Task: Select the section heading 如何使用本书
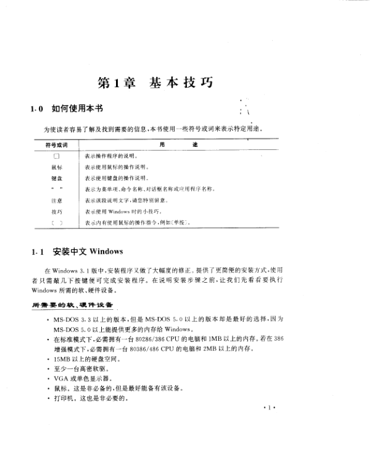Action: pyautogui.click(x=77, y=109)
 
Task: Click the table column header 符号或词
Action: pyautogui.click(x=56, y=145)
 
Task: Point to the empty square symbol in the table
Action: pyautogui.click(x=56, y=156)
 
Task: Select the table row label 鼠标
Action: pyautogui.click(x=56, y=167)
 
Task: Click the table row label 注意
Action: pyautogui.click(x=56, y=201)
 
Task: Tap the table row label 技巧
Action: pyautogui.click(x=56, y=211)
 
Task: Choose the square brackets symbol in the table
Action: pyautogui.click(x=56, y=222)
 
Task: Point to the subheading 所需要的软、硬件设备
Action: pyautogui.click(x=72, y=306)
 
